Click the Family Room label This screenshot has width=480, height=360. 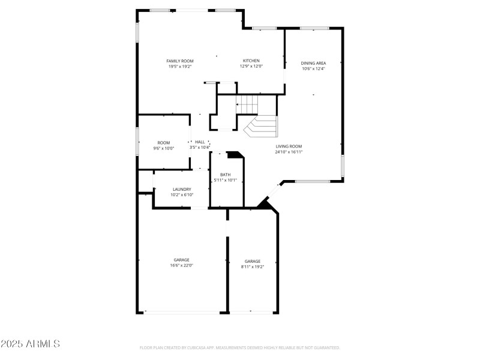[180, 61]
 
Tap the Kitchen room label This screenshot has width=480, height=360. [251, 61]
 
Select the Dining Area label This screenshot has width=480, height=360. [313, 63]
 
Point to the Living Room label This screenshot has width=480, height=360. [289, 146]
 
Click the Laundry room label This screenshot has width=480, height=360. [182, 189]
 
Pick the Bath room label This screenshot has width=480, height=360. [225, 175]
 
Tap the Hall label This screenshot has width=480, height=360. [200, 142]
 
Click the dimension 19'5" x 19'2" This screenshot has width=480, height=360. [180, 67]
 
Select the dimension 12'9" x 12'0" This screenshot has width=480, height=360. [251, 67]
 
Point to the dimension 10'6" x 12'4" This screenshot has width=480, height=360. [313, 69]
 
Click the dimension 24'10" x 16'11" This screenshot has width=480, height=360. [289, 152]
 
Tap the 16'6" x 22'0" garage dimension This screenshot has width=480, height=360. [182, 265]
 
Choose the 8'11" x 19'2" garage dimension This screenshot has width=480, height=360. [253, 266]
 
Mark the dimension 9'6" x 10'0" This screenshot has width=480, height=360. [164, 148]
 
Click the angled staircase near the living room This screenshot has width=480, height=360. [262, 126]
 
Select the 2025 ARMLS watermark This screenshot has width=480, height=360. [31, 344]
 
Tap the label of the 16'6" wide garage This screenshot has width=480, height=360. [182, 260]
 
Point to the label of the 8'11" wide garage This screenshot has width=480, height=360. [253, 261]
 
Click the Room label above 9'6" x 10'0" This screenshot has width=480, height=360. [164, 143]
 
